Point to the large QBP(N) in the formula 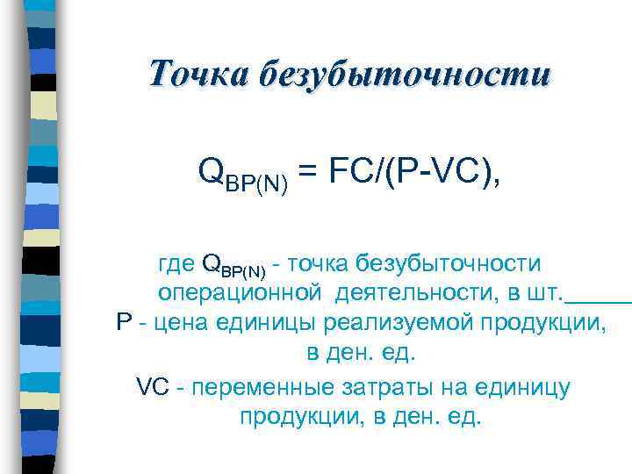tap(244, 172)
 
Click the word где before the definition tap(176, 264)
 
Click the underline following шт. tap(599, 299)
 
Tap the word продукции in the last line tap(298, 415)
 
